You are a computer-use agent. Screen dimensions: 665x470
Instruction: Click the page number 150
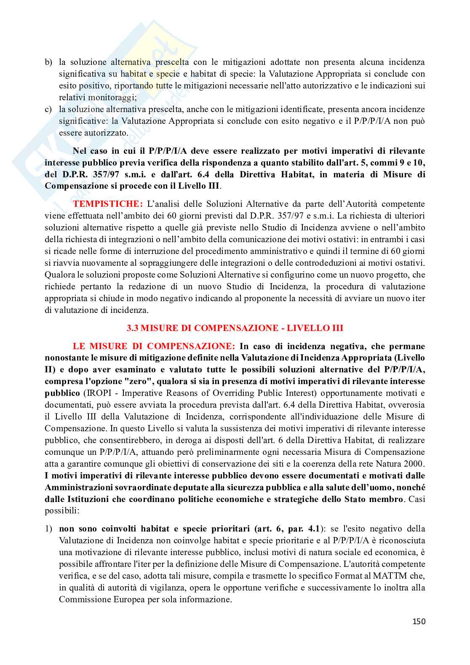419,621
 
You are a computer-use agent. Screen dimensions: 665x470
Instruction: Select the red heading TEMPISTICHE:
108,204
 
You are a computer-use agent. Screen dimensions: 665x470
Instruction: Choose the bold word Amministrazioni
81,487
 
